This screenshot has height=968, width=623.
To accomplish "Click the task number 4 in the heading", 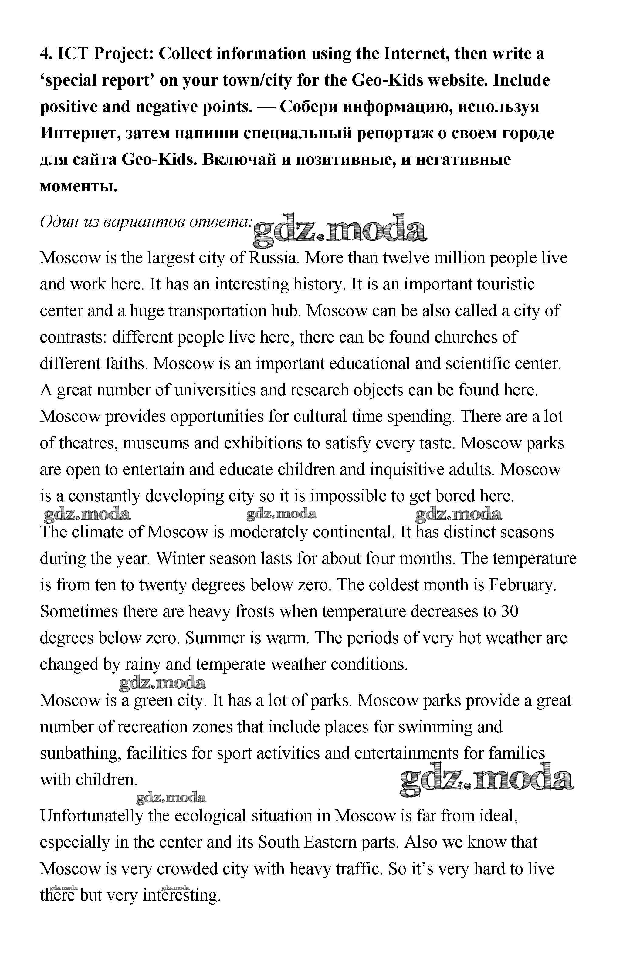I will pyautogui.click(x=45, y=54).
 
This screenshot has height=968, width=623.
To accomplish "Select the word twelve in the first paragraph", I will pyautogui.click(x=406, y=258).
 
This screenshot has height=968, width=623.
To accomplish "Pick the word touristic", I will pyautogui.click(x=506, y=284).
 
